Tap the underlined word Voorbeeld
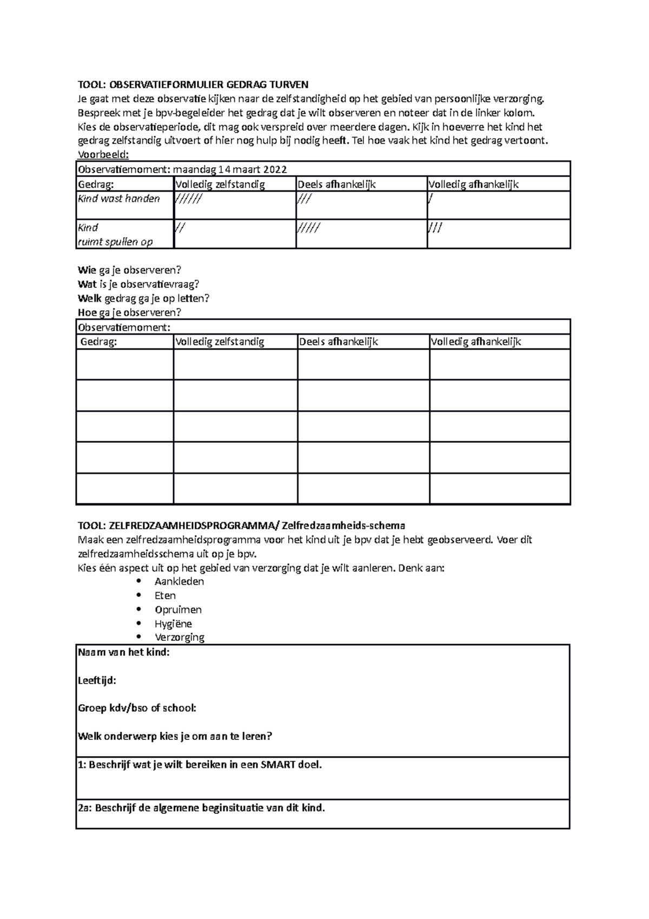pyautogui.click(x=103, y=155)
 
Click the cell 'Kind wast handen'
pyautogui.click(x=119, y=199)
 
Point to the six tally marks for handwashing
pyautogui.click(x=188, y=199)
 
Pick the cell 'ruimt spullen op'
pyautogui.click(x=115, y=241)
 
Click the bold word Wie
pyautogui.click(x=86, y=270)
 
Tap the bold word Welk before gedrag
pyautogui.click(x=89, y=298)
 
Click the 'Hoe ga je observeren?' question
pyautogui.click(x=129, y=312)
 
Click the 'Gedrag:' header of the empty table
pyautogui.click(x=98, y=342)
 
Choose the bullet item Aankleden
pyautogui.click(x=179, y=581)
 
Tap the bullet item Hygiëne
pyautogui.click(x=173, y=623)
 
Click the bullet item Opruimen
pyautogui.click(x=178, y=609)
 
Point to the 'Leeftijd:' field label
pyautogui.click(x=97, y=680)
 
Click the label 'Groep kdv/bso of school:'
pyautogui.click(x=137, y=708)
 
